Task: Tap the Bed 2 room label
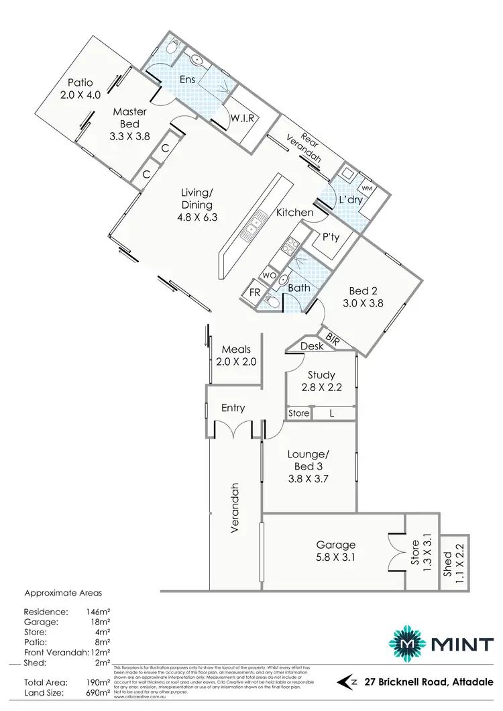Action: (363, 296)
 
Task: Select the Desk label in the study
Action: (312, 346)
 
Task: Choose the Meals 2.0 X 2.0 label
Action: (233, 355)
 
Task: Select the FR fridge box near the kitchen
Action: (255, 292)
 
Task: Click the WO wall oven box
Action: (267, 276)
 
